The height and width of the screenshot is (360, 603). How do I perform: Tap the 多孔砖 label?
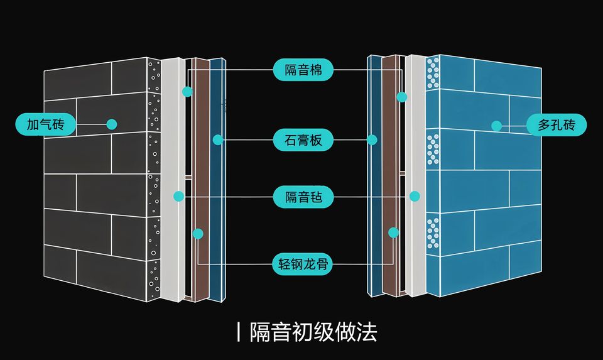pos(557,125)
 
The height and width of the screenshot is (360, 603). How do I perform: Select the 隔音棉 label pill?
pos(303,70)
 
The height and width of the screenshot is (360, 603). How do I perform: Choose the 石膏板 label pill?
pos(303,139)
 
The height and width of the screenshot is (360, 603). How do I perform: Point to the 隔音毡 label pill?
pos(303,197)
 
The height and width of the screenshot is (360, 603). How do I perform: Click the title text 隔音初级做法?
pos(313,331)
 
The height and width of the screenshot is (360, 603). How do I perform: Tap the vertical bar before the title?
pos(239,331)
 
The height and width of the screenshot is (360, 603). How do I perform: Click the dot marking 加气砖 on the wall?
pos(112,124)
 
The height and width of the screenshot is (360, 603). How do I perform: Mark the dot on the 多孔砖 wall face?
pos(497,126)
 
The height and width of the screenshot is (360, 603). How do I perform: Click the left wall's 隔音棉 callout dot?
pos(187,92)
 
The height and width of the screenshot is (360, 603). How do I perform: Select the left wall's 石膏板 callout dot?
pos(217,139)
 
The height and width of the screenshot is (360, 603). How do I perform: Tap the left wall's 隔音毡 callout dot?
pos(178,197)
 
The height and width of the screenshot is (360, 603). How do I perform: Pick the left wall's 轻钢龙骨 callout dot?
pos(198,234)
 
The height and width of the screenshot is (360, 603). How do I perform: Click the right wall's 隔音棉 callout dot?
pos(402,97)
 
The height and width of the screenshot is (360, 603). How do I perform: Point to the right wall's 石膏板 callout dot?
pos(372,139)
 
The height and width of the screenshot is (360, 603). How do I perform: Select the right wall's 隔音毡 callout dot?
pos(415,196)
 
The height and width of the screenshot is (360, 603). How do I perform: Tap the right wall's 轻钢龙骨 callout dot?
pos(393,232)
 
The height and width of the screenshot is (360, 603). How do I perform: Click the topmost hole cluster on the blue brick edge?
pos(433,73)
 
